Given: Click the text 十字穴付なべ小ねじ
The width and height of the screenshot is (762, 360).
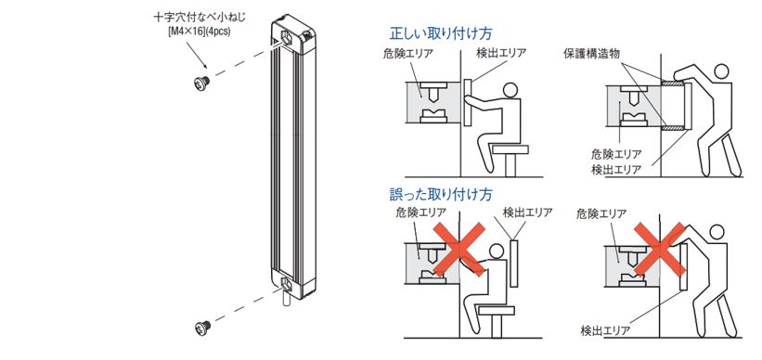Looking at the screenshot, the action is [200, 19].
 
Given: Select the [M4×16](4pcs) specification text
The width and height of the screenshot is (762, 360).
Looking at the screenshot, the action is [199, 32].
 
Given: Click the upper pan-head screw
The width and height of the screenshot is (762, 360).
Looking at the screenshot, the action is [200, 83].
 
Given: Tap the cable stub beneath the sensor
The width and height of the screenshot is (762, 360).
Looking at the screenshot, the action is [287, 298].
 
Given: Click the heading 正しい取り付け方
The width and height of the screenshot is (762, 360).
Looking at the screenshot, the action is [441, 33].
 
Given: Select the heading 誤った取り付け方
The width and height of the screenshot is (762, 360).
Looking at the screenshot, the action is [441, 194].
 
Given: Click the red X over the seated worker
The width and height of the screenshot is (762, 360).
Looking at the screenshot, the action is [458, 250].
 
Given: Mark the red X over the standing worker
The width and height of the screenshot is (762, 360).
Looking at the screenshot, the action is [660, 248].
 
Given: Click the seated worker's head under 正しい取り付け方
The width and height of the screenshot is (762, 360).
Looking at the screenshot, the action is [510, 90].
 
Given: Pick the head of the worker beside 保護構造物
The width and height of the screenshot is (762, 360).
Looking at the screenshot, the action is [722, 71].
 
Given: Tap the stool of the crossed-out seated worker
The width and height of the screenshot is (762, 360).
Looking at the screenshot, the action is [496, 320].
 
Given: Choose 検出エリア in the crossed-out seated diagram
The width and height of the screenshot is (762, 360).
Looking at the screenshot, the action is [527, 212].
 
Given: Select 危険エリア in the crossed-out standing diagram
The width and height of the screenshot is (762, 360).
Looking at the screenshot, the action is [601, 212].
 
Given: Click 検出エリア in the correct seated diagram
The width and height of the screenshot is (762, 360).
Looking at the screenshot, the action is [501, 53].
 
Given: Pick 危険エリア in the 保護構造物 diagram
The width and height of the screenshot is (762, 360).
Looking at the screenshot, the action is [615, 155].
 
